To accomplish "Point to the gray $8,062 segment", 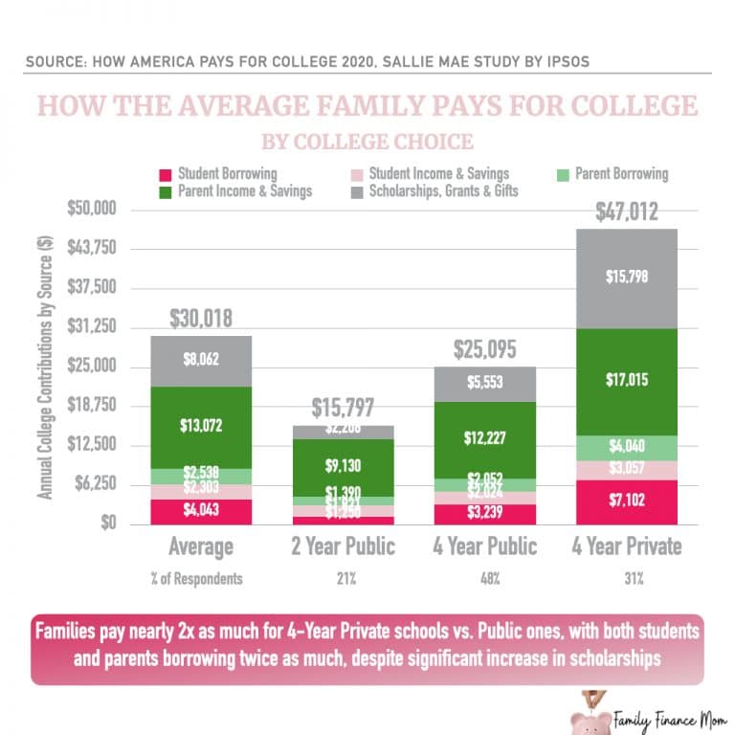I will [x=200, y=361].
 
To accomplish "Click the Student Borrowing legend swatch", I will [x=165, y=175].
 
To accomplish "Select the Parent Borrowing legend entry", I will [x=613, y=174].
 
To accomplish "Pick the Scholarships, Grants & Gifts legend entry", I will [x=439, y=191].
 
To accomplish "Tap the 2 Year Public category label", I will [x=344, y=546].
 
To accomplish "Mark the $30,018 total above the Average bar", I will [x=201, y=319].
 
